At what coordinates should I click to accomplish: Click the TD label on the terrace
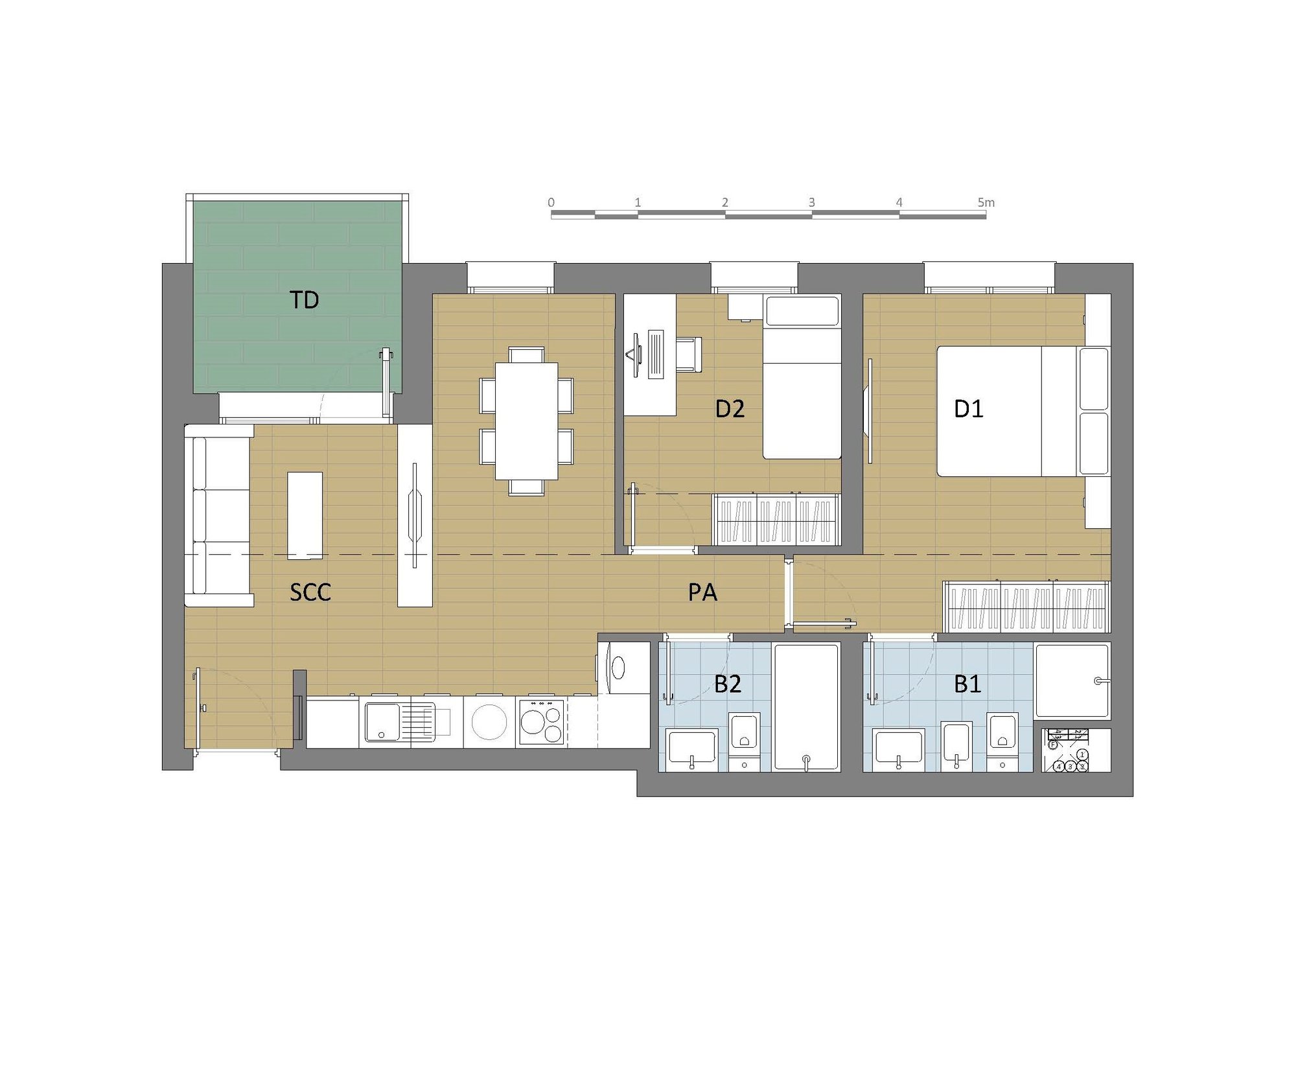tap(304, 300)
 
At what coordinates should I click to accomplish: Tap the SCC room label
tap(310, 592)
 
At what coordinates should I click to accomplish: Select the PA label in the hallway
tap(702, 592)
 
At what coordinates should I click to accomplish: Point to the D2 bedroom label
tap(730, 409)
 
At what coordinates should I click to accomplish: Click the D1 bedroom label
tap(969, 409)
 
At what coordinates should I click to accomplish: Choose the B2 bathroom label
tap(728, 684)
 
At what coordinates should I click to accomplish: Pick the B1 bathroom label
tap(967, 684)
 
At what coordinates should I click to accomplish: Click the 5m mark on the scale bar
tap(986, 202)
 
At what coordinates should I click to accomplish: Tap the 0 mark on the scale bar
tap(551, 202)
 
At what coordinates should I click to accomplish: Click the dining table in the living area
tap(527, 421)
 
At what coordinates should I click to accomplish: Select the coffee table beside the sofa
tap(305, 515)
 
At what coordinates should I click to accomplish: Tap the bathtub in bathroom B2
tap(807, 706)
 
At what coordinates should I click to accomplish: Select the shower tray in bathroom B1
tap(1072, 680)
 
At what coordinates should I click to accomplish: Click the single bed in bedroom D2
tap(802, 377)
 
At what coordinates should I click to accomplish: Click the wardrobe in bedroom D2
tap(776, 519)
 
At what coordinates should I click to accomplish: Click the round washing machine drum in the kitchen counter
tap(489, 722)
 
